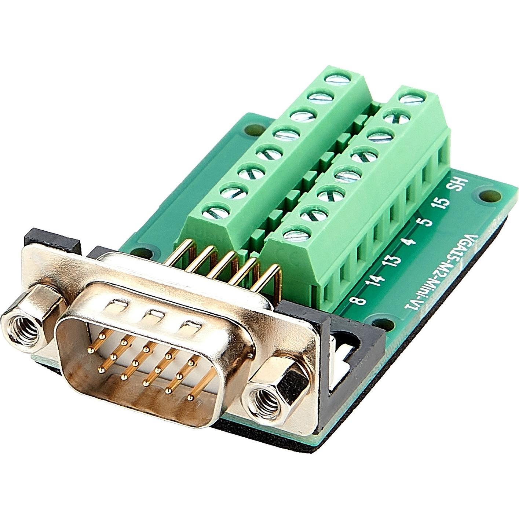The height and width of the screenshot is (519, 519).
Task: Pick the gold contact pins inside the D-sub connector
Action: pos(147,363)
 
